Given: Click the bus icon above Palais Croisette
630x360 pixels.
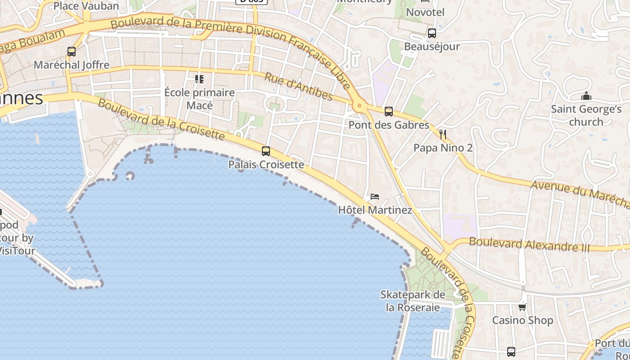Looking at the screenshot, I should coord(266,151).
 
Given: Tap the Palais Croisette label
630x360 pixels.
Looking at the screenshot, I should coord(266,165).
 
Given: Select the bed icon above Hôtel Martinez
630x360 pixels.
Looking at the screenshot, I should coord(374,197).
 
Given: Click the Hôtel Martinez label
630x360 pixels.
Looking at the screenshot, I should coord(375,210).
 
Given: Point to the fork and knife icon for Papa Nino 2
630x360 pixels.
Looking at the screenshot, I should coord(443,134).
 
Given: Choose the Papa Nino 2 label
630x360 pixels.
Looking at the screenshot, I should coord(443,148).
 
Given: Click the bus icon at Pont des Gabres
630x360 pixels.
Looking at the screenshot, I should coord(389,112).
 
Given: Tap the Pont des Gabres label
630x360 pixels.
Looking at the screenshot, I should coord(389,125).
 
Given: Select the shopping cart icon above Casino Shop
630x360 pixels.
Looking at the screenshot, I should coord(522,307).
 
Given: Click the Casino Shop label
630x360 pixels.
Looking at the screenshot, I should coord(522,320).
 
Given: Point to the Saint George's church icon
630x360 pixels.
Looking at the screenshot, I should coord(586,96).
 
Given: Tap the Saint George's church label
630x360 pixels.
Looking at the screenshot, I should coord(586,115).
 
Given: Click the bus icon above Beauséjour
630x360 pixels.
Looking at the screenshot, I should coord(432,33).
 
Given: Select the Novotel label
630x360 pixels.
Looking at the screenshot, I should coord(425,12).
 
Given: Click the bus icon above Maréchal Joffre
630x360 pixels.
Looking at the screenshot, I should coord(72,52).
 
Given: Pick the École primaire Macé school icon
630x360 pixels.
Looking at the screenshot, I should coord(199,80).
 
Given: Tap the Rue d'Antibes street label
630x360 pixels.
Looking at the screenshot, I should coord(298,86).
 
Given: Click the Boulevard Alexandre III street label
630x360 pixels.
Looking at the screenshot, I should coord(529,244).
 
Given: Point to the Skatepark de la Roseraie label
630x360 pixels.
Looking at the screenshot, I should coord(413,301).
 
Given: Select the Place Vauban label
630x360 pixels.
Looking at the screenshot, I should coord(86,6).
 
